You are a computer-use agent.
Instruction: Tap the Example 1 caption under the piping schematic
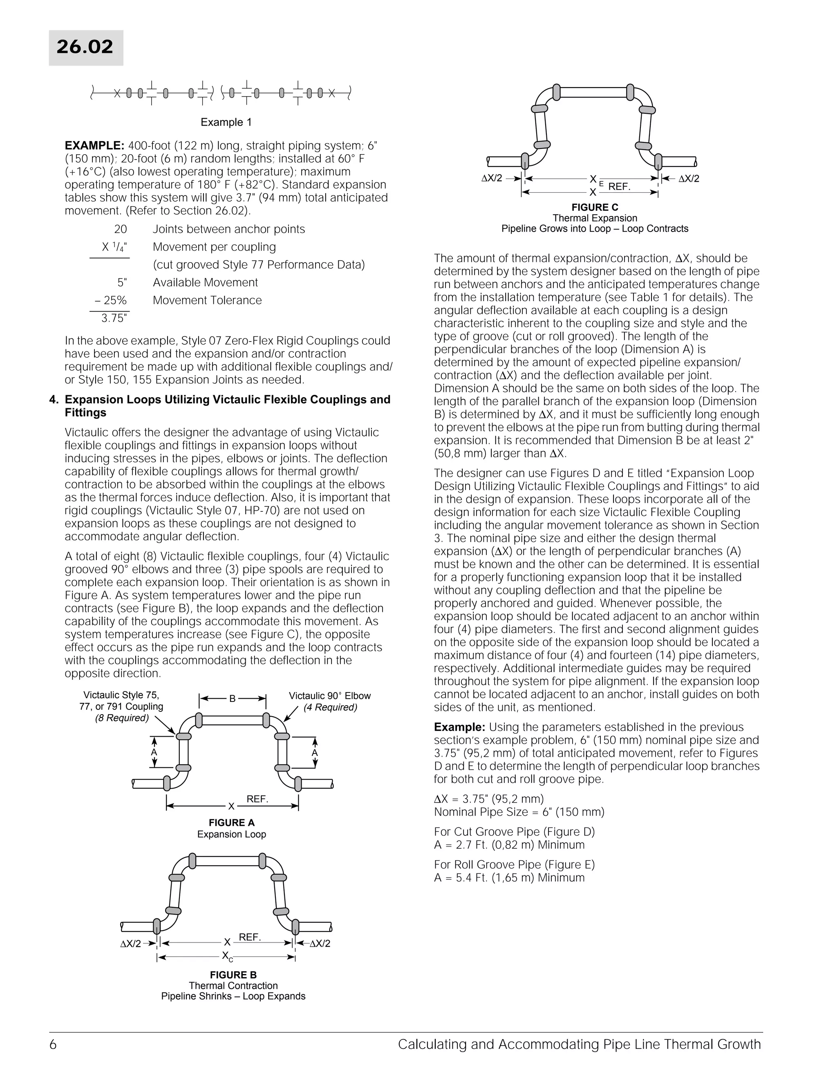[226, 122]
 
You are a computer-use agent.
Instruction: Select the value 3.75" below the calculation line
[114, 318]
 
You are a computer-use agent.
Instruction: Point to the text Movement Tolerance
[207, 300]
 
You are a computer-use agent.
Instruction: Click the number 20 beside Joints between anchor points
[121, 229]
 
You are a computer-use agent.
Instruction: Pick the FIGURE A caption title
[232, 823]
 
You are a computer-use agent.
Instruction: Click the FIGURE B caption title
[233, 975]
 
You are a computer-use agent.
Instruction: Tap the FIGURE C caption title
[595, 207]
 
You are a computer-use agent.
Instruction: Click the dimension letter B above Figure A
[232, 699]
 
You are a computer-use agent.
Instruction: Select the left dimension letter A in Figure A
[154, 752]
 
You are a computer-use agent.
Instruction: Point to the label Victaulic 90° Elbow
[330, 696]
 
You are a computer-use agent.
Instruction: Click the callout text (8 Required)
[121, 718]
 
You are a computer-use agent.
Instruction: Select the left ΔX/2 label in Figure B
[131, 944]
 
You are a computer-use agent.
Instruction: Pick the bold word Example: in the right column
[459, 727]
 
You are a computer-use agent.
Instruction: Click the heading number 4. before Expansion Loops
[54, 400]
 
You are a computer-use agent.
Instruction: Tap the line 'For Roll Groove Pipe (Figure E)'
[514, 865]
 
